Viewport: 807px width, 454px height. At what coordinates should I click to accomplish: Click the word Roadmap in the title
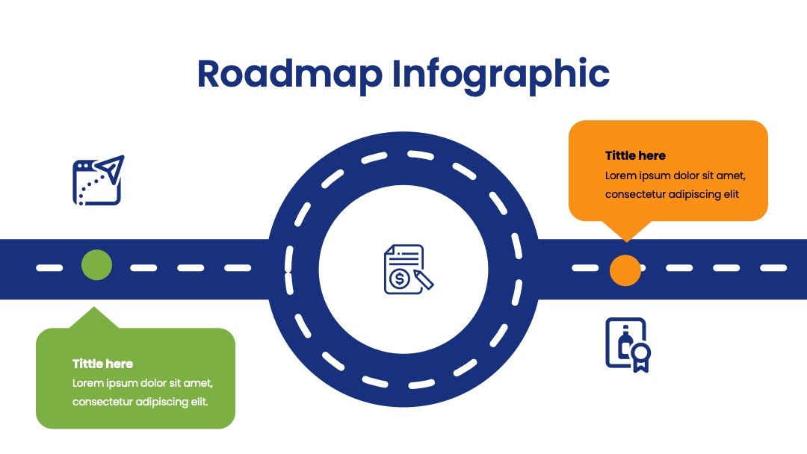[290, 74]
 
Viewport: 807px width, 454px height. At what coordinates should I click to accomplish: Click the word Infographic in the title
[501, 75]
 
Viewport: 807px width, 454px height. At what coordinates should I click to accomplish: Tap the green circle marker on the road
[96, 265]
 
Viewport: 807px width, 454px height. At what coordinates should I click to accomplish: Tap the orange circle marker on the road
[625, 270]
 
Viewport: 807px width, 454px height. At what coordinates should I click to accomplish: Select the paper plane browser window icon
[99, 181]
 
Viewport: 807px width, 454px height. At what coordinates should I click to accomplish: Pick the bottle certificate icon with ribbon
[628, 345]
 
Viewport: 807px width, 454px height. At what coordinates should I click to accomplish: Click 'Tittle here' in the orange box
[635, 156]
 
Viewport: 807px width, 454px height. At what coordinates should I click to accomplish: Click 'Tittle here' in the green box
[102, 364]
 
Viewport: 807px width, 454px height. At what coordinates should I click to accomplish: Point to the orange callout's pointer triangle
[626, 230]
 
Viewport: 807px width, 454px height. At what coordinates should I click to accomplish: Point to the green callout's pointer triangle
[93, 318]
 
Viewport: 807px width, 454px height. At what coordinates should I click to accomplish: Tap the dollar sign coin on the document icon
[399, 279]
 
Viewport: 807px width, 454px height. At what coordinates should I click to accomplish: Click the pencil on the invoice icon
[424, 280]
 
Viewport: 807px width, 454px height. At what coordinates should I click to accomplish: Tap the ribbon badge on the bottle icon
[641, 357]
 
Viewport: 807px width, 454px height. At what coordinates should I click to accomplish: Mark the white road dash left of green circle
[49, 268]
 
